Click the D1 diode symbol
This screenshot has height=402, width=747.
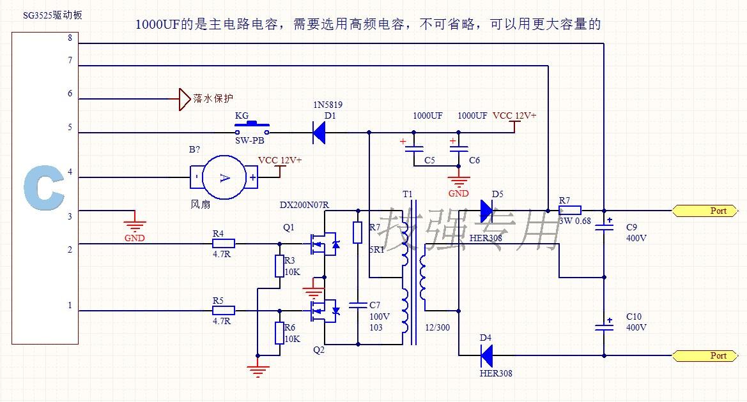click(319, 133)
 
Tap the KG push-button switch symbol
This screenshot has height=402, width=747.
click(252, 125)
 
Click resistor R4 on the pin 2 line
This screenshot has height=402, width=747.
click(224, 243)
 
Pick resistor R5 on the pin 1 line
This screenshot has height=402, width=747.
click(224, 311)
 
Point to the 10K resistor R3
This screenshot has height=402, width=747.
click(279, 266)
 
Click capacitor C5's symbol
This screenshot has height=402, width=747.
click(413, 149)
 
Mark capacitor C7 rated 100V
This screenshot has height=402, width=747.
click(358, 304)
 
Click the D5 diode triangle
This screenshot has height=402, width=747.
click(487, 209)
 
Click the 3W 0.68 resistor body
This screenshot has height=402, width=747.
click(570, 209)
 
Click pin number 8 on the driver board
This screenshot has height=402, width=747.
click(70, 38)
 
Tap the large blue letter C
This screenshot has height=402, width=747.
click(45, 189)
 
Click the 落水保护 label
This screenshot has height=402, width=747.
click(213, 99)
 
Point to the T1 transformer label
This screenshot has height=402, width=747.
click(408, 194)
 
